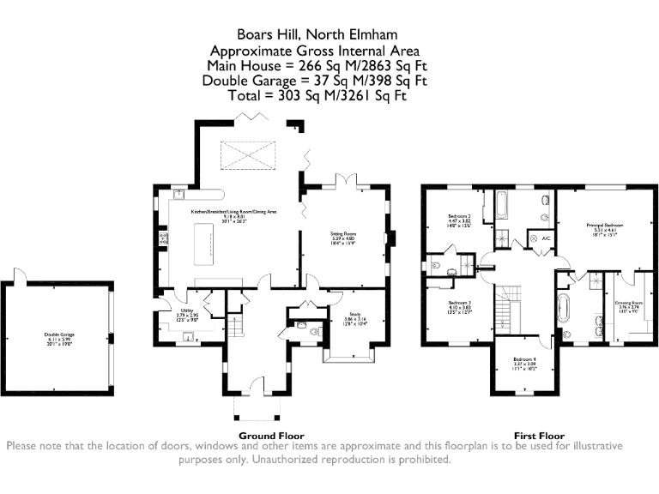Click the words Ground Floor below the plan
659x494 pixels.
(x=270, y=436)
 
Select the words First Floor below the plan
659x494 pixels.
(x=537, y=436)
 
